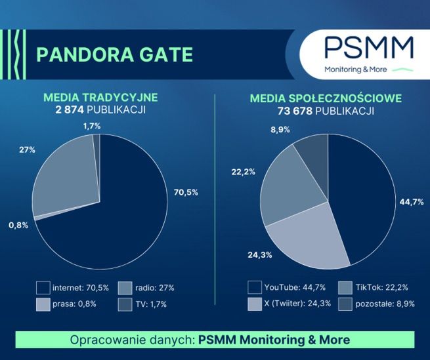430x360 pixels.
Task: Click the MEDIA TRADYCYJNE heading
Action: pyautogui.click(x=100, y=98)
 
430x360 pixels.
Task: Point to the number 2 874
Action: pyautogui.click(x=74, y=110)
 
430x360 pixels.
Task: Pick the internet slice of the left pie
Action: pyautogui.click(x=112, y=216)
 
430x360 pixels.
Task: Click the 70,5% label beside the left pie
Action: pyautogui.click(x=184, y=191)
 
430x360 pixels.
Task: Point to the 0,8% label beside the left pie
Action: pyautogui.click(x=19, y=225)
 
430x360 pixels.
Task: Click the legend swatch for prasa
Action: pyautogui.click(x=44, y=304)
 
